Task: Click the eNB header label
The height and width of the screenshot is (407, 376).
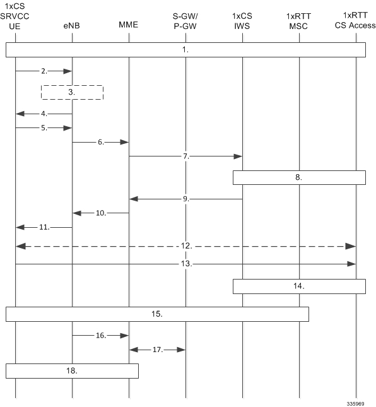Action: click(72, 26)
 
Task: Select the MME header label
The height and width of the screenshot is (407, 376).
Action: click(129, 25)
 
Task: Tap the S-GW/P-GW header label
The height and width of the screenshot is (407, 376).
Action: click(185, 21)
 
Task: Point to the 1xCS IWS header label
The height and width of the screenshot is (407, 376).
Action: click(242, 21)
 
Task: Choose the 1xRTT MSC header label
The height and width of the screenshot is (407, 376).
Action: click(298, 21)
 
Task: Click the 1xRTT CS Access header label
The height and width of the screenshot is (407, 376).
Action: click(355, 20)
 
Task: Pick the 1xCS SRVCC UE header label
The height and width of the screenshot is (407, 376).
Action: click(15, 16)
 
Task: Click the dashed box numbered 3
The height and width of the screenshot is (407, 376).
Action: click(72, 86)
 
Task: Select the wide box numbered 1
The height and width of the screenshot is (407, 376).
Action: click(186, 43)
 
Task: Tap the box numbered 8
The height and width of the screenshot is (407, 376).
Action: click(299, 171)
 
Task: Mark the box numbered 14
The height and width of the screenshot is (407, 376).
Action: click(299, 280)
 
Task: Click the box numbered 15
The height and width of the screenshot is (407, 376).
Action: click(157, 307)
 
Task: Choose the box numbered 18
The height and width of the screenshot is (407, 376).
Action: click(72, 364)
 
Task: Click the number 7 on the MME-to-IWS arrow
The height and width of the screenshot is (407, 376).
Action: click(186, 156)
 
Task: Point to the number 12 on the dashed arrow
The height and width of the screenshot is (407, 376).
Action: click(186, 245)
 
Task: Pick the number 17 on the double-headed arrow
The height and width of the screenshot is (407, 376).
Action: click(158, 350)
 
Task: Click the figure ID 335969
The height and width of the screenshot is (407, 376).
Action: click(355, 404)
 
